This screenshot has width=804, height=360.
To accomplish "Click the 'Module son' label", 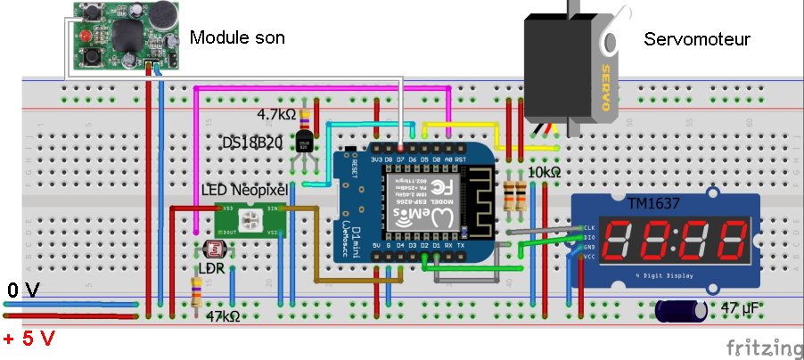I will tap(238, 37).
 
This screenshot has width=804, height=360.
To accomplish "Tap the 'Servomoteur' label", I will tap(697, 40).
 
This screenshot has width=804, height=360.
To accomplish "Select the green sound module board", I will tap(124, 37).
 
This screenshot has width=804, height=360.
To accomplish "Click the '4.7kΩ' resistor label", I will tap(276, 116).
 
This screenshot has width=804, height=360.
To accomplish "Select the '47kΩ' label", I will tap(225, 316).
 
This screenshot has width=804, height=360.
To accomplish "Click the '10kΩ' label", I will tap(545, 172).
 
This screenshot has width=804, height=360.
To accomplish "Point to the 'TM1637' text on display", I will tap(653, 204).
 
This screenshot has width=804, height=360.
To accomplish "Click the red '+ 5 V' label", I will tap(29, 340).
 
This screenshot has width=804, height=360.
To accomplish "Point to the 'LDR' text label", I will tap(209, 267).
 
